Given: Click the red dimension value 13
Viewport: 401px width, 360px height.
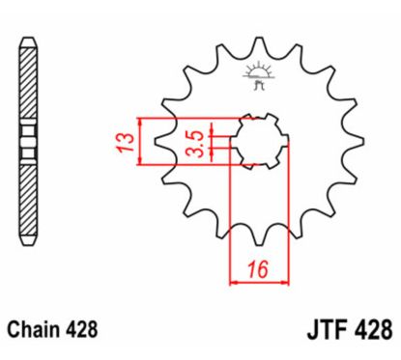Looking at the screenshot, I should coord(124,140).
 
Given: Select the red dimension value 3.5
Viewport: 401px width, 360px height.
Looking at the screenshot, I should coord(194,141).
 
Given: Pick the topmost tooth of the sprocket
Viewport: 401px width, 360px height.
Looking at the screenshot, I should coord(259,44).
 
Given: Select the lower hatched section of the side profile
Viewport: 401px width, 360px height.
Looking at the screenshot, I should coord(27,198).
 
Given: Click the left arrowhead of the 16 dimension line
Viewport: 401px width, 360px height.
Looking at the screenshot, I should coord(234,282).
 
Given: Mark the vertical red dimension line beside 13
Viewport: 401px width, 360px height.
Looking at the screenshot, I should coord(142,141).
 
